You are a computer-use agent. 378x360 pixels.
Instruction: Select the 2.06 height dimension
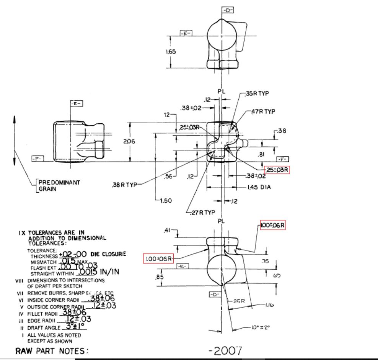click(129, 141)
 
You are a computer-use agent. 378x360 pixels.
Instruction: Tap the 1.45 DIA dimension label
click(260, 188)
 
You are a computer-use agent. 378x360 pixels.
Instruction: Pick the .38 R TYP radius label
click(124, 185)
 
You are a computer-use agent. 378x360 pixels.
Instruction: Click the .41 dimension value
click(167, 230)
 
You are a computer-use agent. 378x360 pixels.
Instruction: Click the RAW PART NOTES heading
click(52, 351)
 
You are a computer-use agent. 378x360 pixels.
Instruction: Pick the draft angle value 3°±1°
click(75, 327)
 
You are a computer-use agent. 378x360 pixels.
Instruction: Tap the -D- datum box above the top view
click(228, 10)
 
